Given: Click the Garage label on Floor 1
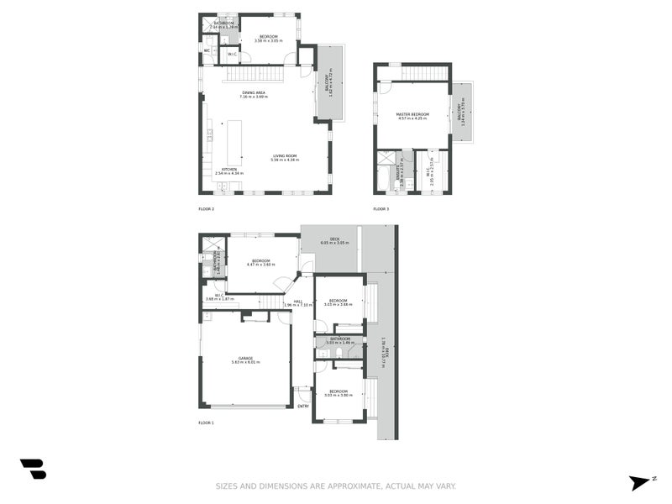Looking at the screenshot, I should pos(245,359).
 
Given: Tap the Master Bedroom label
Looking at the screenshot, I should pos(413,114).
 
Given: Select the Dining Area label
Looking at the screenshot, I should pos(254,92).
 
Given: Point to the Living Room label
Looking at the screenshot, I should pos(285,155).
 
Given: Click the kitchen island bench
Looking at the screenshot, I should pos(234,142).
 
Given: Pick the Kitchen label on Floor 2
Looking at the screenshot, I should pos(229,170).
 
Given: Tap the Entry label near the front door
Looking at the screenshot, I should pos(303,406).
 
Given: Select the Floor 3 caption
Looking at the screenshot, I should pos(381,208).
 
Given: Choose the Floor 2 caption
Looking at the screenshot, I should pos(207,208).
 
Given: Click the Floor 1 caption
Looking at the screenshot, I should pos(207,423).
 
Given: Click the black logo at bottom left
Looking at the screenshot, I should pos(33,469).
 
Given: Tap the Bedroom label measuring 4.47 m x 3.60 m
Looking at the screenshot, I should pos(261,261).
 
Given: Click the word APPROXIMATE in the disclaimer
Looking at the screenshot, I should pos(346,486).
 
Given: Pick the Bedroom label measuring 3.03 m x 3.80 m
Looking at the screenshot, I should pos(339,392).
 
